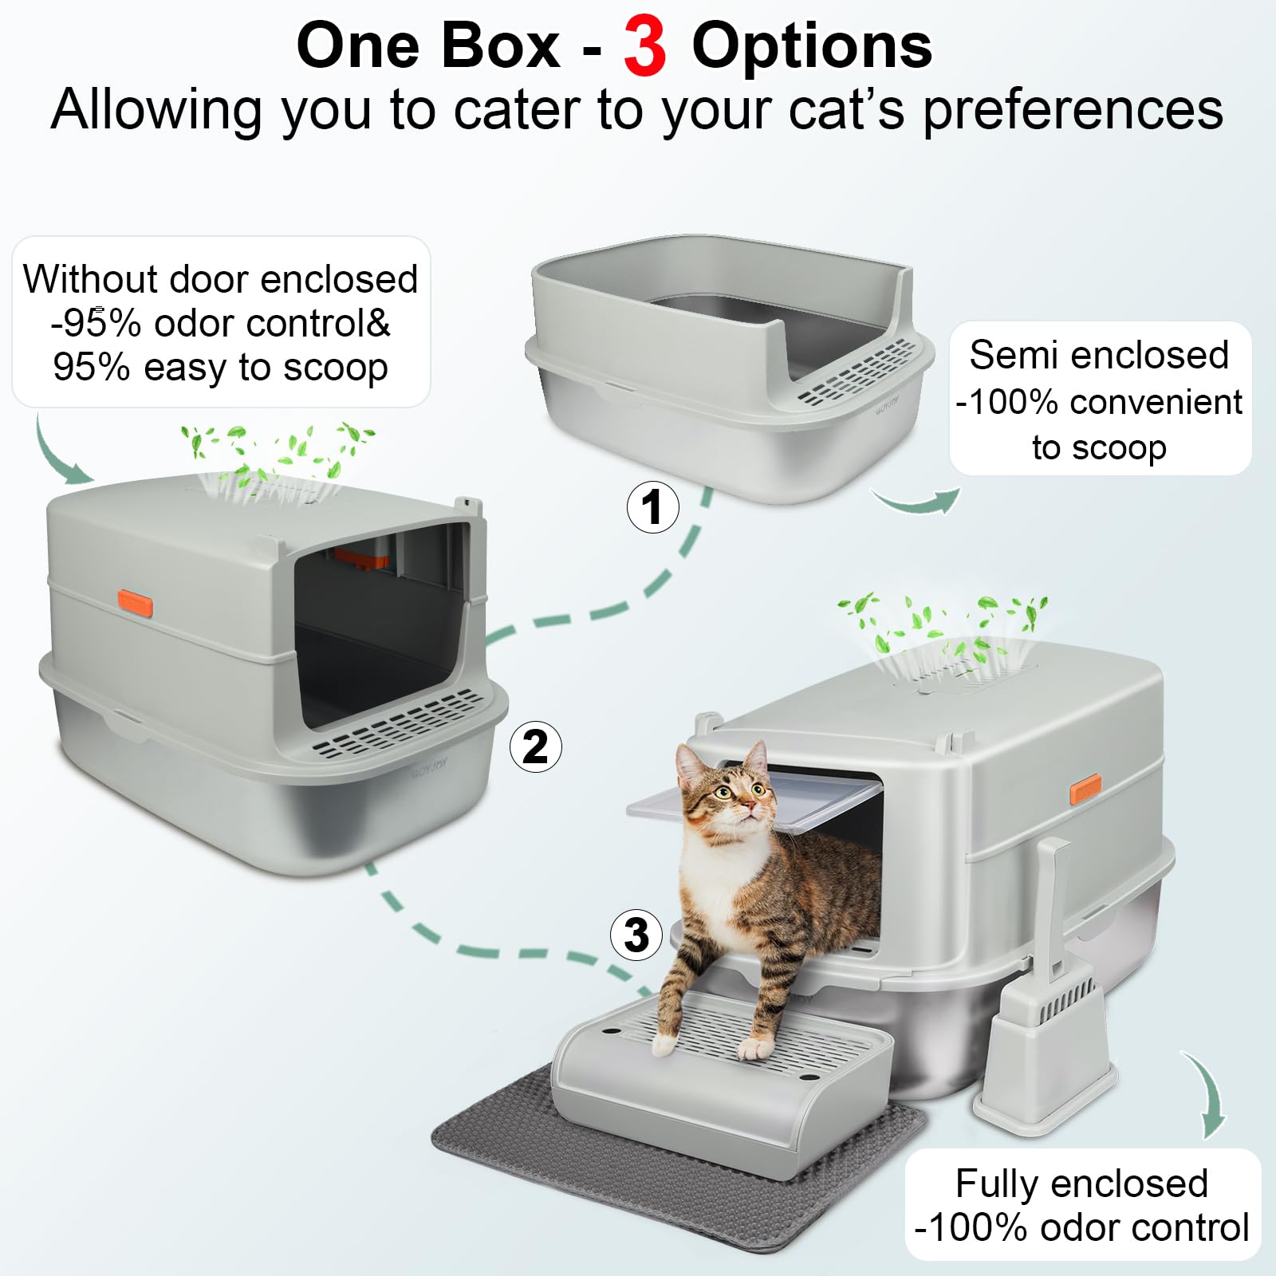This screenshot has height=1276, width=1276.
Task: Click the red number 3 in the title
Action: click(644, 48)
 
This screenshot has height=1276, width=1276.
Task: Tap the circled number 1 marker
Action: click(653, 507)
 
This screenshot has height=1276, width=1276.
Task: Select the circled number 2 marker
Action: click(536, 746)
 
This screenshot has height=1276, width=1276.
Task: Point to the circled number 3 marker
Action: click(636, 935)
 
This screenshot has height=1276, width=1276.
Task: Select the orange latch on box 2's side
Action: click(135, 604)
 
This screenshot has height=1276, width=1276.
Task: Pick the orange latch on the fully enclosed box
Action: click(1085, 789)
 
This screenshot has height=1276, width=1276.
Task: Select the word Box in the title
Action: click(500, 46)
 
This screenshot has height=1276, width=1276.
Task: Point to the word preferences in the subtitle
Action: click(1073, 110)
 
